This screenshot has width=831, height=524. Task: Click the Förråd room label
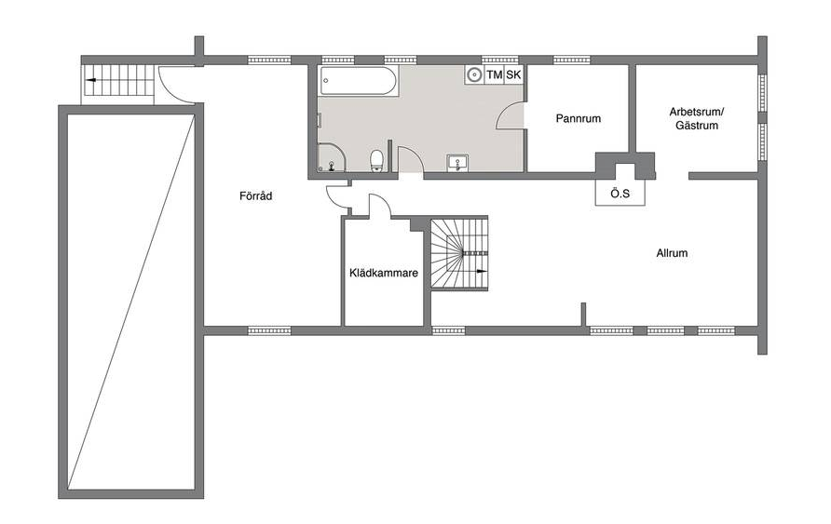[x=255, y=196]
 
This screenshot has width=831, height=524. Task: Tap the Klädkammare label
[x=384, y=273]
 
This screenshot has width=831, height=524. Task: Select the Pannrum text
[x=579, y=118]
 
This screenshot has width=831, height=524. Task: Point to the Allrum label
[x=672, y=253]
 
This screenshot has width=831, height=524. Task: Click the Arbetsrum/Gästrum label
[x=697, y=118]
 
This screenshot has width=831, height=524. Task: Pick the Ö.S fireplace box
[x=620, y=193]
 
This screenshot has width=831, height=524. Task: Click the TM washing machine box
[x=494, y=74]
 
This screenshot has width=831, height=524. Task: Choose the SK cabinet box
[x=513, y=74]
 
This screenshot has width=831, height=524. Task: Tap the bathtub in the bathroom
[x=359, y=81]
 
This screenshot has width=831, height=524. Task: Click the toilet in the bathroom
[x=376, y=160]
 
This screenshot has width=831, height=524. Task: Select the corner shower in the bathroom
[x=332, y=157]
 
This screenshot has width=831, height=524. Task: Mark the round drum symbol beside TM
[x=474, y=74]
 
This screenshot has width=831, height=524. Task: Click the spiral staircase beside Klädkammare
[x=458, y=253]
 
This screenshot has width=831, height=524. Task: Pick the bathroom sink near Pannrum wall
[x=457, y=162]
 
